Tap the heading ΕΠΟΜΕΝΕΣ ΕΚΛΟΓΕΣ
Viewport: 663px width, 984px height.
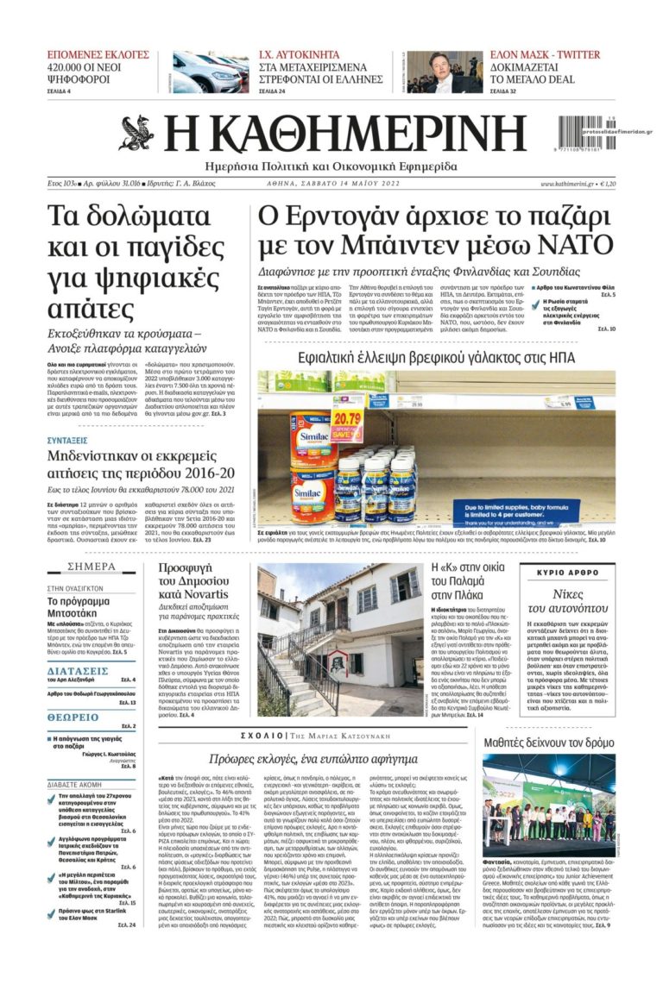tap(98, 54)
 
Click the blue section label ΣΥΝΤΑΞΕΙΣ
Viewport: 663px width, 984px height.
tap(73, 440)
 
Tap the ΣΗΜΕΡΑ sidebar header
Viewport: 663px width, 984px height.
tap(91, 567)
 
